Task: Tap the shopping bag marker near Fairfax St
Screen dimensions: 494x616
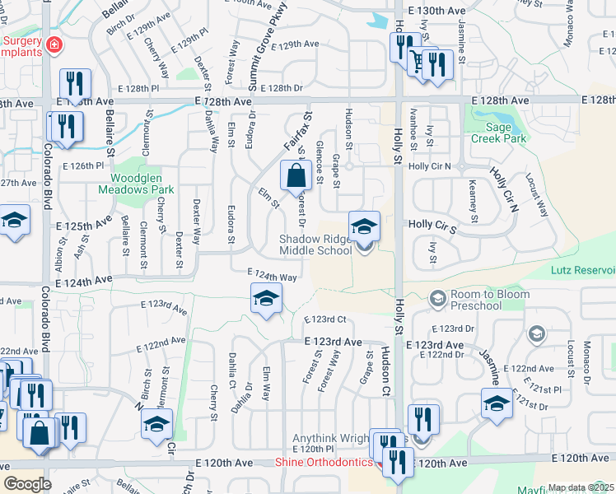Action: point(296,175)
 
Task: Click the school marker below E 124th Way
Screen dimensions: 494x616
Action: point(266,299)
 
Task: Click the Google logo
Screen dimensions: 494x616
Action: point(27,483)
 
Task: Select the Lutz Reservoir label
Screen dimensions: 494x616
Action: point(583,270)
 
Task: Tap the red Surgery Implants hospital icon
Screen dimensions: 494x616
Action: point(54,44)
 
